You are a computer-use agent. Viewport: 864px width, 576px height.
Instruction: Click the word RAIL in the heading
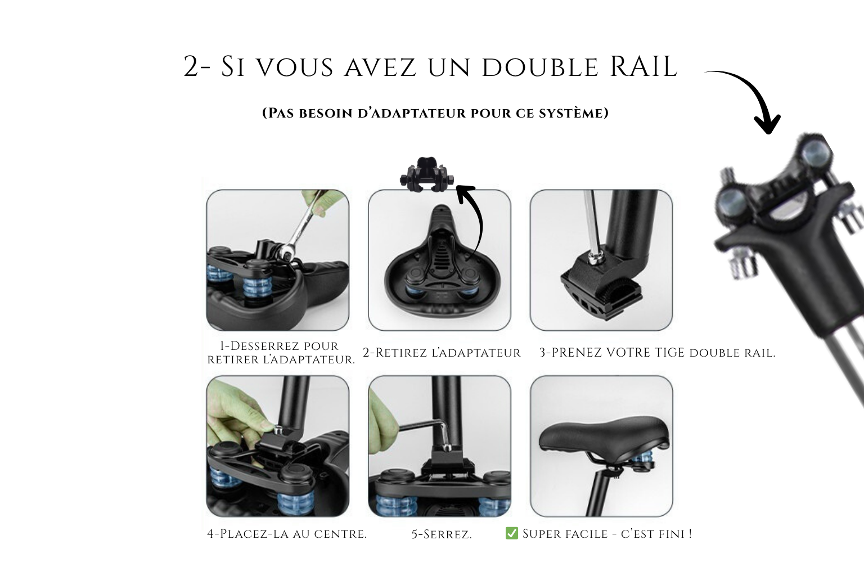point(643,66)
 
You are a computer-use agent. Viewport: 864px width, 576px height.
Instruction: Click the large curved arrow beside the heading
point(748,100)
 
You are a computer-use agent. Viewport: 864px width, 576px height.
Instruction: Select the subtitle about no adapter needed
point(435,113)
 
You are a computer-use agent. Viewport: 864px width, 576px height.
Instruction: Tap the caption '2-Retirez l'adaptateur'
point(442,353)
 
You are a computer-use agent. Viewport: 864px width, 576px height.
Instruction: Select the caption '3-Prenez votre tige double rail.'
point(657,353)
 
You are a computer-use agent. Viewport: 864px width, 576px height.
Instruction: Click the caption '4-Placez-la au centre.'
point(287,534)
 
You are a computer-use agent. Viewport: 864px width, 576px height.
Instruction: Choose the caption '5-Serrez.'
point(442,534)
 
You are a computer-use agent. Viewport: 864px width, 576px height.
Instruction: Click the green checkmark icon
point(511,533)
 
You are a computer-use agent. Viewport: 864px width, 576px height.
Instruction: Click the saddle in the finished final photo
point(604,436)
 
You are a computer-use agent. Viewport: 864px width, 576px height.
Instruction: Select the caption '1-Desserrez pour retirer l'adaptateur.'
point(281,353)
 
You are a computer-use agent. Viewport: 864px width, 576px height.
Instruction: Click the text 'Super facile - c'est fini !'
point(607,534)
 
